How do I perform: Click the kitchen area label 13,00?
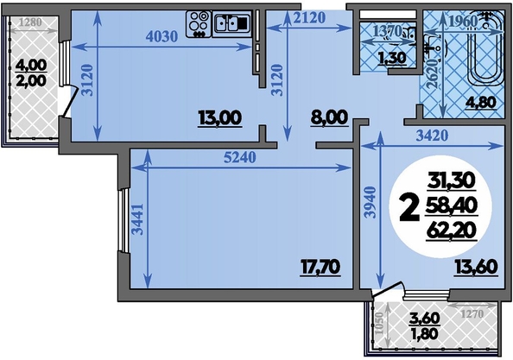[x=220, y=118]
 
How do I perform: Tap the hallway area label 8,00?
[x=329, y=117]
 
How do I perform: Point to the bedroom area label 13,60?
[x=476, y=267]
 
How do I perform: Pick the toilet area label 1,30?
[x=392, y=58]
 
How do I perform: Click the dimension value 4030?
[x=161, y=36]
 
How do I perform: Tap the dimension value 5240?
[x=240, y=158]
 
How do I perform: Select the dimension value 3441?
[x=138, y=219]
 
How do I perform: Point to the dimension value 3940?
[x=370, y=202]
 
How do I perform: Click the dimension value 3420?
[x=432, y=135]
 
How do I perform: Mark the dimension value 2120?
[x=309, y=17]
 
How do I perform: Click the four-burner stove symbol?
[x=199, y=24]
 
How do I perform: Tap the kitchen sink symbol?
[x=232, y=23]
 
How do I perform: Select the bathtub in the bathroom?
[x=485, y=48]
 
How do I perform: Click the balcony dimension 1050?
[x=380, y=323]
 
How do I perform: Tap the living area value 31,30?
[x=452, y=180]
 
